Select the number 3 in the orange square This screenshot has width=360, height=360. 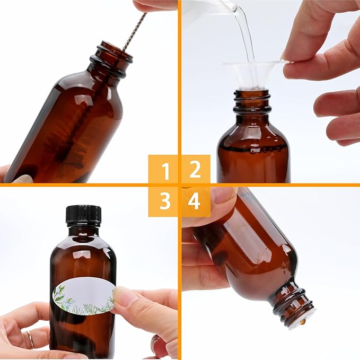tap(165, 201)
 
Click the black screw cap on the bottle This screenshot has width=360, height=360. tap(83, 214)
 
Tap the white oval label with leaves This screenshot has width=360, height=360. tap(83, 296)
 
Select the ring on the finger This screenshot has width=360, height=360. tap(30, 339)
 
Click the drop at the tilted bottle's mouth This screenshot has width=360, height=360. tap(302, 322)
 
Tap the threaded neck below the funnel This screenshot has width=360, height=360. tap(252, 101)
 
